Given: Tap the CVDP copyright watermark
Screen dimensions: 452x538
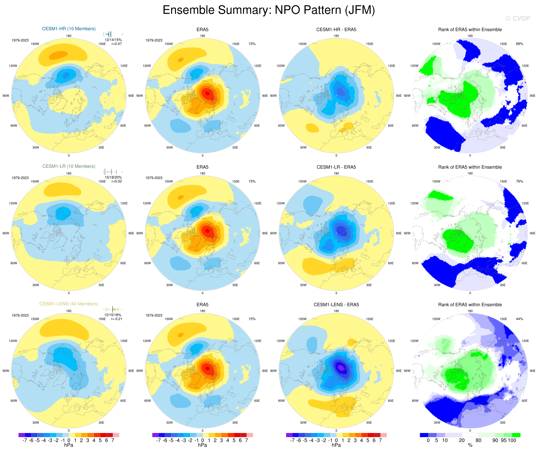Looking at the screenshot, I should (x=518, y=18).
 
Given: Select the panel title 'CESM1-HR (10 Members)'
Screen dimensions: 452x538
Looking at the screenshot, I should (x=69, y=29).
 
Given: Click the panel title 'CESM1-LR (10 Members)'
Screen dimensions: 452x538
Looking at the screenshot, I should (x=69, y=166).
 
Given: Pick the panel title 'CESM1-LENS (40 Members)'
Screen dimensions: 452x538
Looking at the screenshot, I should (x=69, y=304).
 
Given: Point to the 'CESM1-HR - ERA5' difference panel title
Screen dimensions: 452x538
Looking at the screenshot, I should (x=336, y=30).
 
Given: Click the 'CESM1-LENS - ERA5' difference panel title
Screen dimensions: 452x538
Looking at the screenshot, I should (x=336, y=305).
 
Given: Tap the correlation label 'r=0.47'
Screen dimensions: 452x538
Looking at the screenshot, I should (x=117, y=44).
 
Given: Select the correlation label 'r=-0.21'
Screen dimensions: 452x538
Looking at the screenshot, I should (x=117, y=319).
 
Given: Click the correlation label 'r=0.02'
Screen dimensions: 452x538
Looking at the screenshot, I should (x=117, y=181).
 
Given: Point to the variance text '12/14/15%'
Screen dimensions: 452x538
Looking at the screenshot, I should (x=113, y=40).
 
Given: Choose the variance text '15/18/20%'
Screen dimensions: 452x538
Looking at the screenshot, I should (x=113, y=177).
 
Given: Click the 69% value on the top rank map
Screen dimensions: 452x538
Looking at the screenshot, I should (x=519, y=44).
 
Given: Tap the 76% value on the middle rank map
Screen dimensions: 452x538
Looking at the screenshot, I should (x=519, y=181).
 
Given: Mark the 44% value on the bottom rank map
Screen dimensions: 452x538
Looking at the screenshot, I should (x=519, y=319).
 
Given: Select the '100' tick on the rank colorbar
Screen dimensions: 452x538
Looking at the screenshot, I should (x=512, y=440).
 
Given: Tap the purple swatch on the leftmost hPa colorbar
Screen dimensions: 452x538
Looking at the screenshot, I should (x=22, y=435).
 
